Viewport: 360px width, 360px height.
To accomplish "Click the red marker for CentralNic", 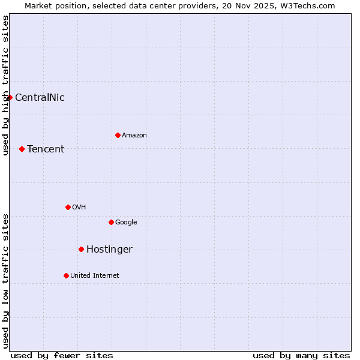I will click(x=10, y=97).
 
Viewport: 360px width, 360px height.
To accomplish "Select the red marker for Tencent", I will click(x=22, y=149).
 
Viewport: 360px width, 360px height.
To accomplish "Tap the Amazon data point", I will click(x=118, y=135).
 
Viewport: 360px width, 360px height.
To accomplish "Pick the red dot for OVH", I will click(x=68, y=207).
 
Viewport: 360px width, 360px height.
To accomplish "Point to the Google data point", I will click(x=111, y=222).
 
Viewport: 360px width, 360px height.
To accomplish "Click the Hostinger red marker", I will click(x=81, y=249).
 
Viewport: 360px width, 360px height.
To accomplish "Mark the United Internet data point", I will click(x=66, y=275).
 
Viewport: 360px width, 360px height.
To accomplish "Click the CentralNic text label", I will click(x=40, y=97).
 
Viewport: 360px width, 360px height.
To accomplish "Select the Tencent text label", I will click(x=46, y=149).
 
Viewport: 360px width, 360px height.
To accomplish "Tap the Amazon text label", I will click(x=134, y=135).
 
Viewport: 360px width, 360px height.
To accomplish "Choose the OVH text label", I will click(x=79, y=207).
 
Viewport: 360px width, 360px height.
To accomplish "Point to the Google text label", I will click(x=126, y=222).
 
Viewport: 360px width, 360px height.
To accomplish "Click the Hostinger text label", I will click(x=109, y=249).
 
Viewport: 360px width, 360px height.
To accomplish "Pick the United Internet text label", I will click(x=95, y=275).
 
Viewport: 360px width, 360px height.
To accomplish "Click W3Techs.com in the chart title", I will click(x=310, y=5).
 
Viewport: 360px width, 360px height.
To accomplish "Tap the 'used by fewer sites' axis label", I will click(x=62, y=355).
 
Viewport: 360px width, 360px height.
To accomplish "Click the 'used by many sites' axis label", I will click(x=301, y=355).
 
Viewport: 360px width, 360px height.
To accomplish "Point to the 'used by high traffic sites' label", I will click(x=5, y=85).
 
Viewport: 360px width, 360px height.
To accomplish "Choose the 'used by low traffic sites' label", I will click(x=5, y=281).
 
